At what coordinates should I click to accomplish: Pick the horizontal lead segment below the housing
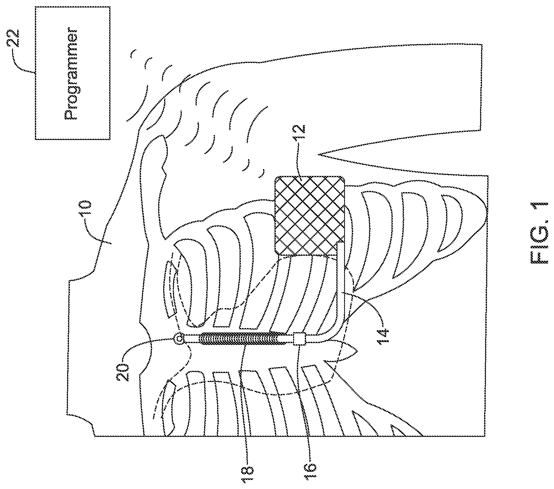pyautogui.click(x=341, y=290)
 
